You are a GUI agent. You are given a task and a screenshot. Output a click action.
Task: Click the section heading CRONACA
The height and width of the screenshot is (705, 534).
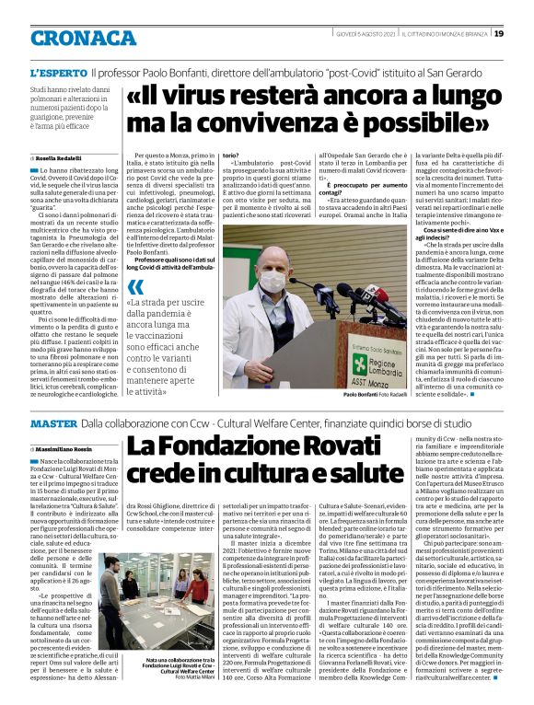click(x=71, y=39)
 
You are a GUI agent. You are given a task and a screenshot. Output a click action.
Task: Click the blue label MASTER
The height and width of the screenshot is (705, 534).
click(x=52, y=422)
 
